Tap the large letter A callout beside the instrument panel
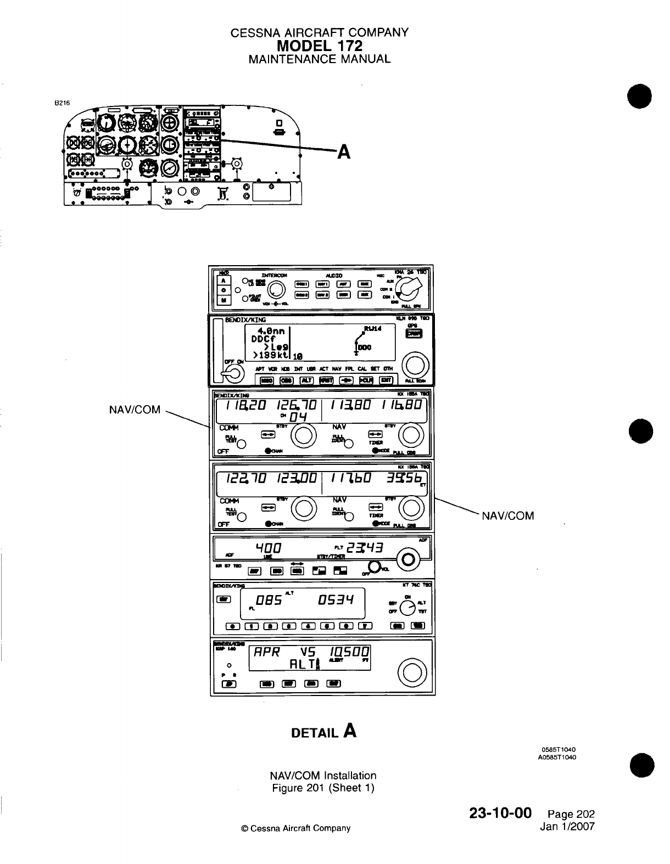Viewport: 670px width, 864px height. click(344, 151)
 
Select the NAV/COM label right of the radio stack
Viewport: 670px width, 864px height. click(508, 515)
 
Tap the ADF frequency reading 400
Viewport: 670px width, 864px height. click(268, 548)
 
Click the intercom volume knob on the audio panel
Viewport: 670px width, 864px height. click(278, 290)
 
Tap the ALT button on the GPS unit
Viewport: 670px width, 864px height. click(306, 380)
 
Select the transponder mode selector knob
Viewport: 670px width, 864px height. click(407, 607)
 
